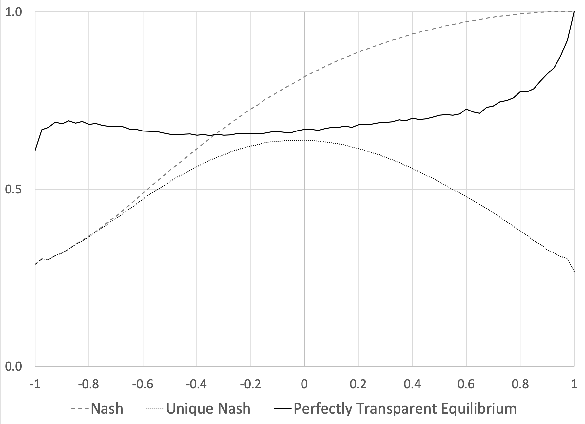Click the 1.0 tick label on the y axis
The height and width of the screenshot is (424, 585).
point(13,12)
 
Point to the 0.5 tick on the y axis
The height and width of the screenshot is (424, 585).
point(13,189)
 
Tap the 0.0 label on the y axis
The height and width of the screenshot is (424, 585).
point(13,366)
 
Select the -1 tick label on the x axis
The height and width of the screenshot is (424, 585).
point(35,384)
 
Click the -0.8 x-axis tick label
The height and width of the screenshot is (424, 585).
point(89,384)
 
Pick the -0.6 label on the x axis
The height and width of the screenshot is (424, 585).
point(143,384)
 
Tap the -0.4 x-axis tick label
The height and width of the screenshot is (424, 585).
point(197,384)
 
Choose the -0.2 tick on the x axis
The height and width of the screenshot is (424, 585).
point(251,384)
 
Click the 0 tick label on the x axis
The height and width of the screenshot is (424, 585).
point(304,384)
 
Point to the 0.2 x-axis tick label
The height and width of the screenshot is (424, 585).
point(359,384)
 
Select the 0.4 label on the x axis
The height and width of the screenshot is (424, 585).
point(412,384)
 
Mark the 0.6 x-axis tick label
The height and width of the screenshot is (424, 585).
point(466,384)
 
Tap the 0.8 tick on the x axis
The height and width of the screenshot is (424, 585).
point(520,384)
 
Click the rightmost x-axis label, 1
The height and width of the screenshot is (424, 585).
point(574,384)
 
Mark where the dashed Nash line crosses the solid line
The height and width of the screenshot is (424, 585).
point(214,135)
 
